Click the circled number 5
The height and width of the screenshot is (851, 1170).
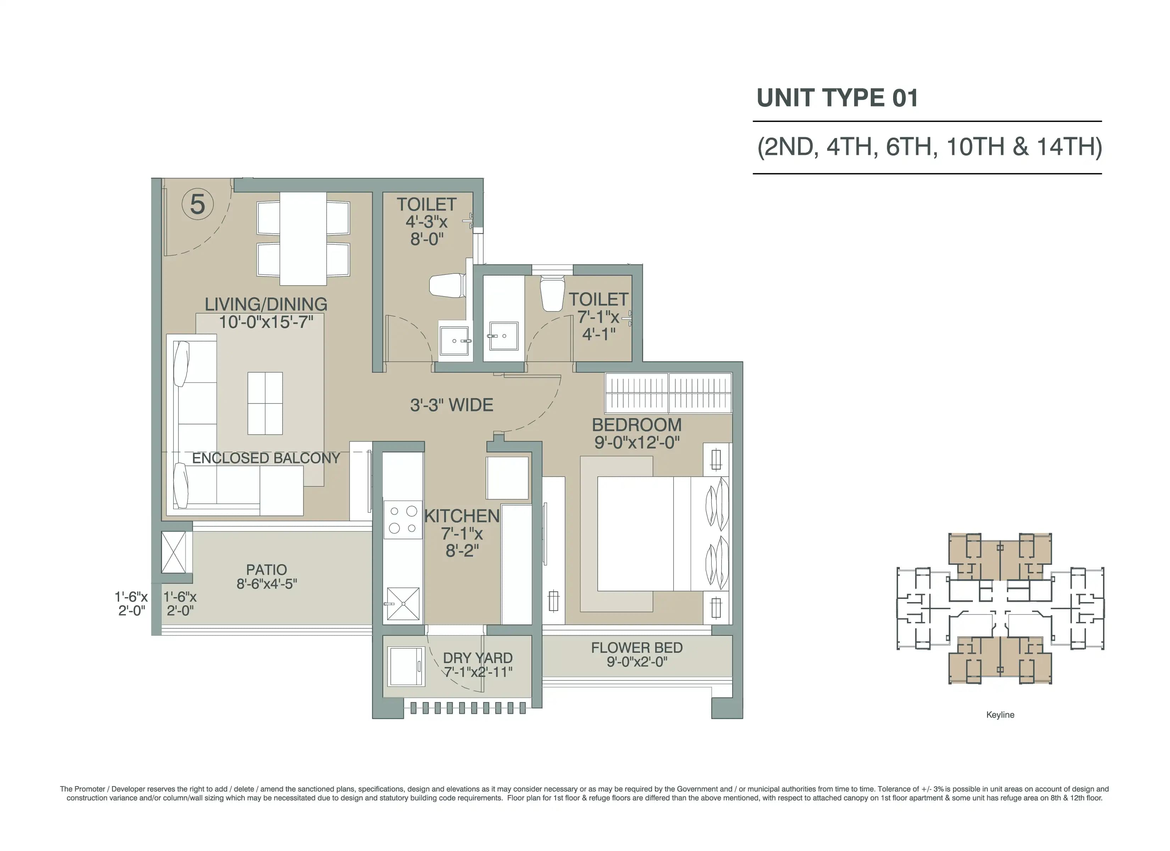coord(197,204)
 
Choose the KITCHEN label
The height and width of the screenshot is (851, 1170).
coord(462,516)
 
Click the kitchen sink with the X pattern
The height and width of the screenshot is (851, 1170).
coord(403,603)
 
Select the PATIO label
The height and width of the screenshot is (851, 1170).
coord(266,570)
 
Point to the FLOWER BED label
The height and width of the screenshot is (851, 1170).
coord(637,648)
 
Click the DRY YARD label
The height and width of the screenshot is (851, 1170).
coord(478,658)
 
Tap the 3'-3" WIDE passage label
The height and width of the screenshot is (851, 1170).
coord(451,405)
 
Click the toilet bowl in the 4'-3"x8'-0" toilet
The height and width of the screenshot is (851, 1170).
coord(447,285)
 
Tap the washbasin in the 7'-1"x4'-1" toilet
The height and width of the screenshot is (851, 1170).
coord(503,336)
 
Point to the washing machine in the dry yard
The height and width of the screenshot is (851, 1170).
coord(407,666)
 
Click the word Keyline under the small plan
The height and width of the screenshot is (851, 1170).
coord(1000,715)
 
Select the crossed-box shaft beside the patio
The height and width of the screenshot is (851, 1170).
coord(174,552)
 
